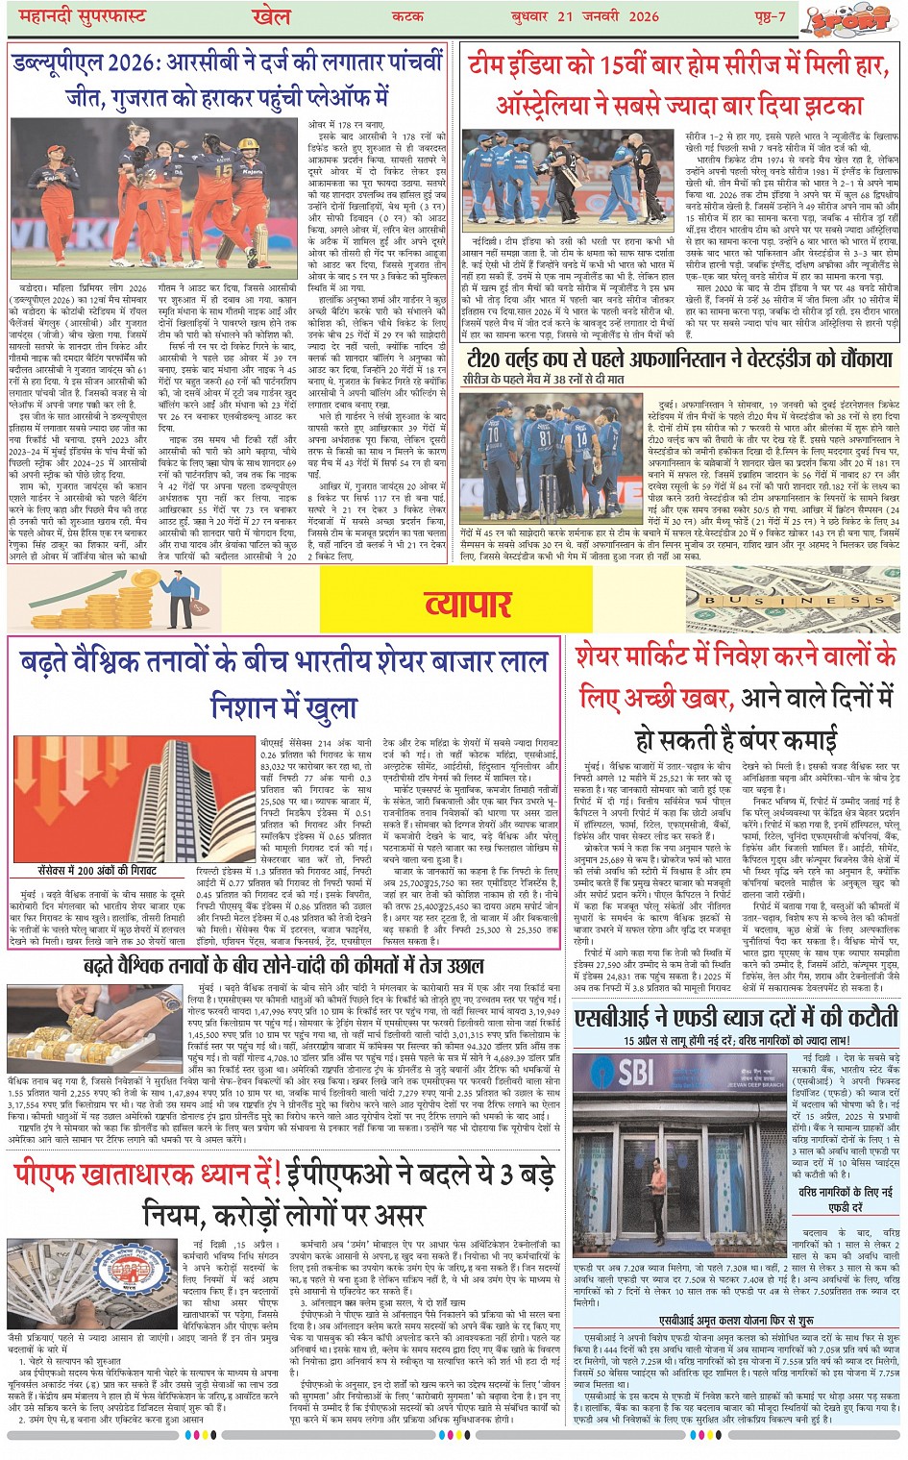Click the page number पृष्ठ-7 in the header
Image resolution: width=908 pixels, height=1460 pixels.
point(769,16)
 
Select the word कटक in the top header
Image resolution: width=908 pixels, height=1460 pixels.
point(407,16)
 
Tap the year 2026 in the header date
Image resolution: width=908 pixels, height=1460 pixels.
point(644,16)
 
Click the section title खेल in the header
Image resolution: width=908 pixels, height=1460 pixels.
point(271,16)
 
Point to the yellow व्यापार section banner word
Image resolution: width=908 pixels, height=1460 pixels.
point(468,604)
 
